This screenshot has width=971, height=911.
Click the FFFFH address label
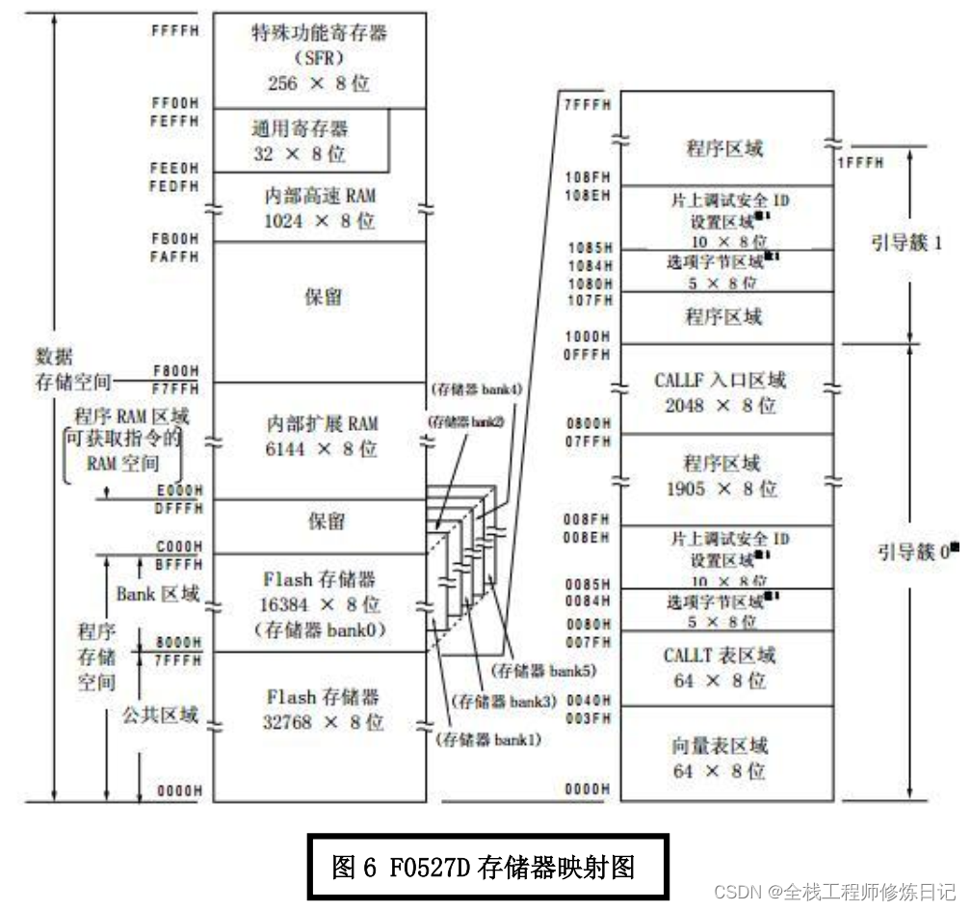tap(175, 29)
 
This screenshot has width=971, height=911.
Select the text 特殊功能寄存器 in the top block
tap(319, 34)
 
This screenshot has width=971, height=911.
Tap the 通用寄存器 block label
tap(301, 127)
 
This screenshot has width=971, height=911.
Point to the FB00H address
tap(175, 237)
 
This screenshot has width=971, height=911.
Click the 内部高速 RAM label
tap(320, 196)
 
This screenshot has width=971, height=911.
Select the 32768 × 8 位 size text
tap(320, 721)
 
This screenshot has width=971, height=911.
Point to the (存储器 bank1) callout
tap(488, 739)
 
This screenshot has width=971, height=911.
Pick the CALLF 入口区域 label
tap(720, 380)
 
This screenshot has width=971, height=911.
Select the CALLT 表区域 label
tap(720, 656)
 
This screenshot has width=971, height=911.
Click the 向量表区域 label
tap(720, 746)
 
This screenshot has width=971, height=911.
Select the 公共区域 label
tap(160, 714)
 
